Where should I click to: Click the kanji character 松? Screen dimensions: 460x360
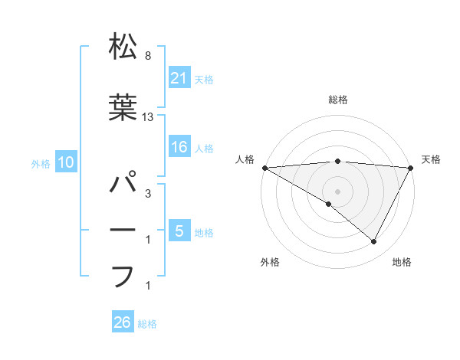click(x=123, y=47)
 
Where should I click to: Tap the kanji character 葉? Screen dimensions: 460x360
click(x=123, y=108)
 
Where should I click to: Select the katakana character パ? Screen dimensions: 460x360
click(x=123, y=185)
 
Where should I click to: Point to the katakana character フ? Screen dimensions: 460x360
click(x=123, y=275)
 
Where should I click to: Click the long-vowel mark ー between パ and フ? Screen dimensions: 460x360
click(x=123, y=231)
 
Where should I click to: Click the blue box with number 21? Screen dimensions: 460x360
click(x=179, y=77)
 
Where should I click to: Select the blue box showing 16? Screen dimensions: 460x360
click(x=179, y=148)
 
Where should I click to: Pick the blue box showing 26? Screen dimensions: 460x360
click(x=123, y=322)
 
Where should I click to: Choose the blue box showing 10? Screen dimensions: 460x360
click(x=65, y=162)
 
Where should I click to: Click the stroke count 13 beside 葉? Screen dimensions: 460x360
click(x=148, y=117)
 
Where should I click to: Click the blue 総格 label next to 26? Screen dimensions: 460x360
click(x=147, y=323)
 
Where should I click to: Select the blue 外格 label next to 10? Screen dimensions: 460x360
click(x=41, y=163)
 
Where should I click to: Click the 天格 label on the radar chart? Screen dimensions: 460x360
click(x=431, y=159)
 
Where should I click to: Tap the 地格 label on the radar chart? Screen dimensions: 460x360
click(x=402, y=262)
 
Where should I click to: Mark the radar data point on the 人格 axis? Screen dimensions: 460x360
click(x=264, y=168)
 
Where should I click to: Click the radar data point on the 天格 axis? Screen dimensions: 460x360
click(x=411, y=168)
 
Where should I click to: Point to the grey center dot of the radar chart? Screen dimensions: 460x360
click(x=337, y=190)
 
